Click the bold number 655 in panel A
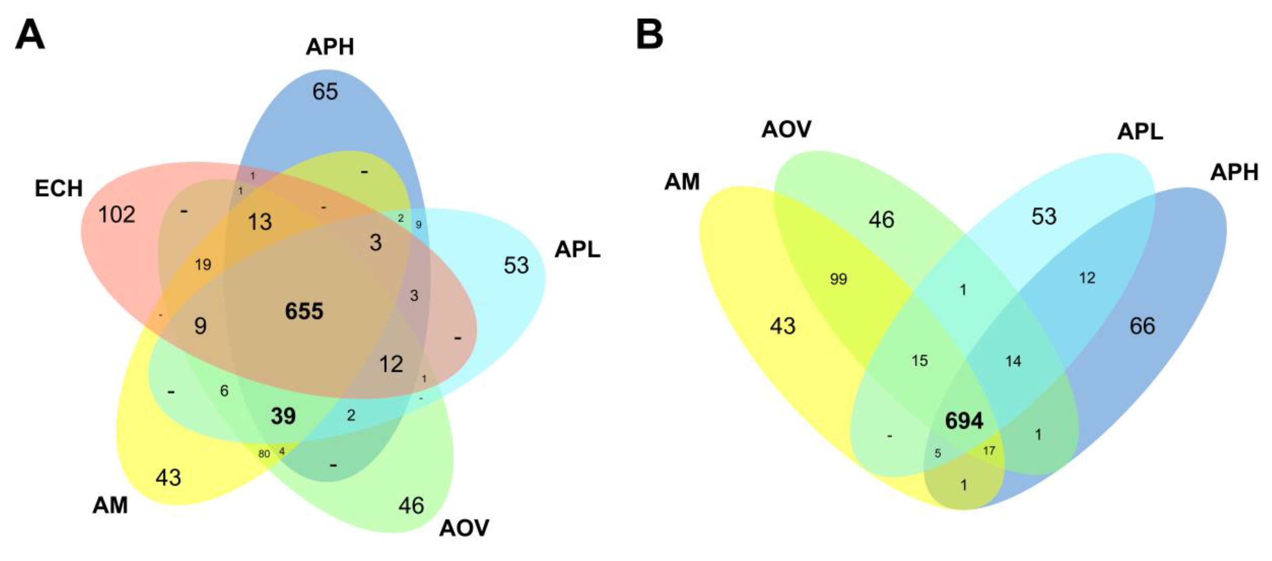coord(304,311)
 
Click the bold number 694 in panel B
coord(964,421)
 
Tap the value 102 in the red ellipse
coord(117,215)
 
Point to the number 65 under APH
coord(325,91)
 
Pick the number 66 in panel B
coord(1142,326)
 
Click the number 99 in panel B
coord(838,279)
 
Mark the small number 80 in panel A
coord(264,453)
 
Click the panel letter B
coord(649,35)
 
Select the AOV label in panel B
coord(786,129)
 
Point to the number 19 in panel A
coord(203,265)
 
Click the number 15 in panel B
coord(919,361)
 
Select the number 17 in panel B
coord(989,450)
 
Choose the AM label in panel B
coord(682,182)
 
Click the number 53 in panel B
coord(1044,216)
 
